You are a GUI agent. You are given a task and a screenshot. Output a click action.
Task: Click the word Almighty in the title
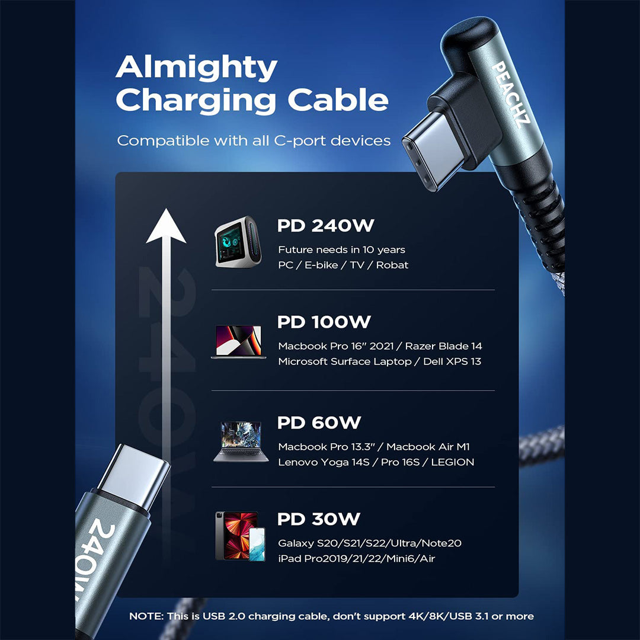coord(196,68)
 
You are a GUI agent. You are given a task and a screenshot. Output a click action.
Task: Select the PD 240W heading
coord(325,226)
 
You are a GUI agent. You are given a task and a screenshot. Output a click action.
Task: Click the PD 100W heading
coord(324,322)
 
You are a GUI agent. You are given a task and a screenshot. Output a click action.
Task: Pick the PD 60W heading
coord(319,423)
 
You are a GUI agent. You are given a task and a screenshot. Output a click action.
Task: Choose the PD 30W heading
coord(318,519)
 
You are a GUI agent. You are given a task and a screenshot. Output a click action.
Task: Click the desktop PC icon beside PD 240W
coord(236,245)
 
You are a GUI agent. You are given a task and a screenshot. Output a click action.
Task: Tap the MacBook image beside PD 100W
coord(238,341)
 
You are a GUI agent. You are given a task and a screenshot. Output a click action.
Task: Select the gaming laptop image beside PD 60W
coord(237,441)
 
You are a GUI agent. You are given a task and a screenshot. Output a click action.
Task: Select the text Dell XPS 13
coord(452,361)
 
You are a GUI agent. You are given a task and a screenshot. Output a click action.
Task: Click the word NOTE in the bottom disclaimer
coord(146,616)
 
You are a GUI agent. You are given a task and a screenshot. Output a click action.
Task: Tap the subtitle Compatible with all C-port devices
coord(254,141)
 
